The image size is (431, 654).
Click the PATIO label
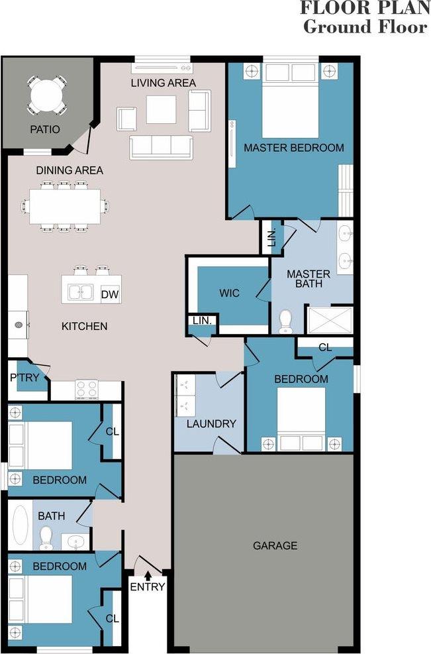(x=45, y=129)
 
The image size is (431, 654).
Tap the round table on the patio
(x=47, y=95)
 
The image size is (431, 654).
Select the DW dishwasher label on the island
(x=110, y=294)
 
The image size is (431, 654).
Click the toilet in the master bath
(x=286, y=321)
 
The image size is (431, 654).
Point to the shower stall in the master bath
(x=330, y=319)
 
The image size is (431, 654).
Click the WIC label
(x=229, y=293)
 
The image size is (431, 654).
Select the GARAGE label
(x=275, y=545)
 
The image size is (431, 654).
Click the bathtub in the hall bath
(x=21, y=525)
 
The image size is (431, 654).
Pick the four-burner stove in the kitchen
(x=87, y=390)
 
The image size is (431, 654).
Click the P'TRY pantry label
(x=24, y=378)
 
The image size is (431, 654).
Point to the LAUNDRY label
(x=211, y=424)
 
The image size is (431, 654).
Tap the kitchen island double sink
(x=81, y=292)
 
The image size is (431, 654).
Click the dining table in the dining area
(x=65, y=207)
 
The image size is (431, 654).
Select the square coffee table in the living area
(x=161, y=110)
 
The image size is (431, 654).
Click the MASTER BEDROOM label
(x=294, y=148)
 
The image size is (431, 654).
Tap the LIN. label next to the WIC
(x=203, y=321)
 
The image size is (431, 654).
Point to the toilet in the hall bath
(x=46, y=538)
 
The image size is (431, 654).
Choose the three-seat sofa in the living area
(x=161, y=147)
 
